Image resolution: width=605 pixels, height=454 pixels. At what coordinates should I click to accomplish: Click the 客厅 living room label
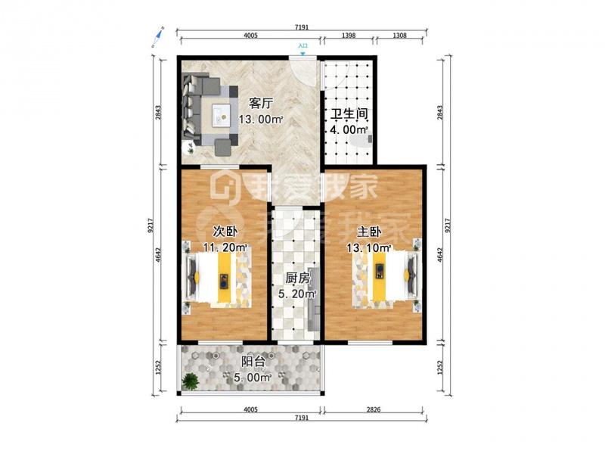click(x=261, y=104)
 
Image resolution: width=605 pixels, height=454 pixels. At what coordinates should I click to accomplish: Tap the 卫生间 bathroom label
click(x=349, y=114)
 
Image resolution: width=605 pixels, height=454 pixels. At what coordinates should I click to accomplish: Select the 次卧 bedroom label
click(x=225, y=232)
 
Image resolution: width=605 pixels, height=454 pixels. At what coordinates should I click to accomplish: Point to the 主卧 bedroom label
click(x=369, y=232)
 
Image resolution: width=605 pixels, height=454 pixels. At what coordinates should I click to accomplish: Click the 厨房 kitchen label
click(x=297, y=278)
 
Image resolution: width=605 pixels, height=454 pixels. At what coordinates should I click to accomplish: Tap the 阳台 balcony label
click(x=253, y=362)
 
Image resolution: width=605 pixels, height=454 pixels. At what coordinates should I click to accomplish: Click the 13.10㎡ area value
click(x=369, y=248)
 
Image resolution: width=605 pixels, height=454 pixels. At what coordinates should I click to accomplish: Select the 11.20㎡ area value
click(x=225, y=247)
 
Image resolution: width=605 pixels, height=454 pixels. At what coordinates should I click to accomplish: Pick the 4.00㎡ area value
click(x=349, y=129)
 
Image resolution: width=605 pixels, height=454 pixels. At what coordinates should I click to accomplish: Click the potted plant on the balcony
click(x=190, y=381)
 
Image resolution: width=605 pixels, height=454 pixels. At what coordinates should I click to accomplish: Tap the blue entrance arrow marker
click(x=303, y=54)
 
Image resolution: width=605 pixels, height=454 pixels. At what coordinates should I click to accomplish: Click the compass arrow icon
click(x=158, y=36)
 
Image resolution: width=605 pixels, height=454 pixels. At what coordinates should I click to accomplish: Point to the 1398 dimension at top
click(x=349, y=36)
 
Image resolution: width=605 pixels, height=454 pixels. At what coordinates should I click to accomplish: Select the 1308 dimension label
click(x=400, y=36)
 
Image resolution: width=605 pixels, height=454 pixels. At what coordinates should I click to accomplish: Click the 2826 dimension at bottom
click(x=373, y=409)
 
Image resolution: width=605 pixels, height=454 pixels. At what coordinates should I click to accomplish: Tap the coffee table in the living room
click(x=221, y=115)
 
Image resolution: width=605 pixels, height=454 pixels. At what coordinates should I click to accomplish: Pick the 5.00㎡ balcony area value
click(x=253, y=377)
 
